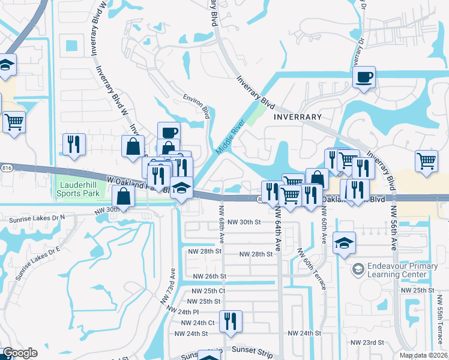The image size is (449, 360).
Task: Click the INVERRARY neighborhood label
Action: [298, 116]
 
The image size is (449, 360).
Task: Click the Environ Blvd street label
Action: [196, 106]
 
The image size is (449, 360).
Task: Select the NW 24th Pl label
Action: [187, 312]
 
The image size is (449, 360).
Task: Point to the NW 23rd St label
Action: [369, 342]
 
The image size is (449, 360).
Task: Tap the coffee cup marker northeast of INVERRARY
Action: [364, 77]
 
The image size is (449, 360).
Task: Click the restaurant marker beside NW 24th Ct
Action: [230, 322]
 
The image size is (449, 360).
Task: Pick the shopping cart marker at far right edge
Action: [426, 160]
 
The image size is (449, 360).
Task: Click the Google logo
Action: [20, 353]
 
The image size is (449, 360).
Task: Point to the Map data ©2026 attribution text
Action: [424, 355]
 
